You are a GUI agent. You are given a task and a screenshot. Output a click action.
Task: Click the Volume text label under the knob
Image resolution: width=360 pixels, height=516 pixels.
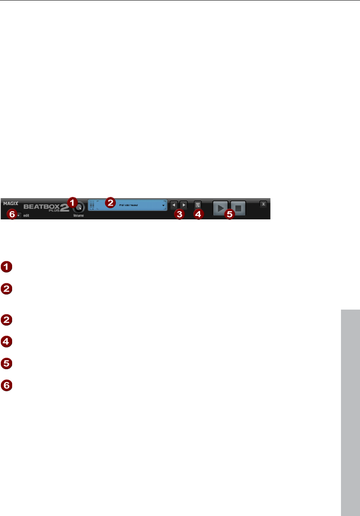(x=78, y=215)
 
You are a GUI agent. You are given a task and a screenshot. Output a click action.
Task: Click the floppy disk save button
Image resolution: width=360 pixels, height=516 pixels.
(x=198, y=205)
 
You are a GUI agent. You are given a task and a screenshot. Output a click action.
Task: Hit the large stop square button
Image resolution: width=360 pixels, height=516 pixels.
(x=238, y=208)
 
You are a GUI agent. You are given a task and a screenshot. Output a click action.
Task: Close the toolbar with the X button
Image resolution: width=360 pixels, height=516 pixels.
(x=263, y=204)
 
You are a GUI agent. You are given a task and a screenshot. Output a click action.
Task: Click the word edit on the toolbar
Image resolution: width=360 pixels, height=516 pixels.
(x=26, y=215)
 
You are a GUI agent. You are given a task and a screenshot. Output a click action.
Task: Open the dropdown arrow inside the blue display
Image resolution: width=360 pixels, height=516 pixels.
(x=164, y=206)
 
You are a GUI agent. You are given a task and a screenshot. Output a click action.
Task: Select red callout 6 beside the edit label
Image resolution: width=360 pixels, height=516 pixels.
(x=12, y=214)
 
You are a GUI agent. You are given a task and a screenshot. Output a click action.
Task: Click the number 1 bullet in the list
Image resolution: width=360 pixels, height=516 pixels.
(x=7, y=267)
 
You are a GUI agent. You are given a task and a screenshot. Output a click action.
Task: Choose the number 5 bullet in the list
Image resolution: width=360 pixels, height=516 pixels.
(x=7, y=364)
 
